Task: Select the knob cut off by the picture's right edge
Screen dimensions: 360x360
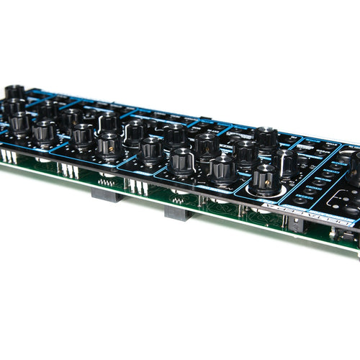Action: pos(355,168)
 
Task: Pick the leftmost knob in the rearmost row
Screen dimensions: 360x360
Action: pos(14,93)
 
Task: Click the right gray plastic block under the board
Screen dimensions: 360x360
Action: pos(179,212)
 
